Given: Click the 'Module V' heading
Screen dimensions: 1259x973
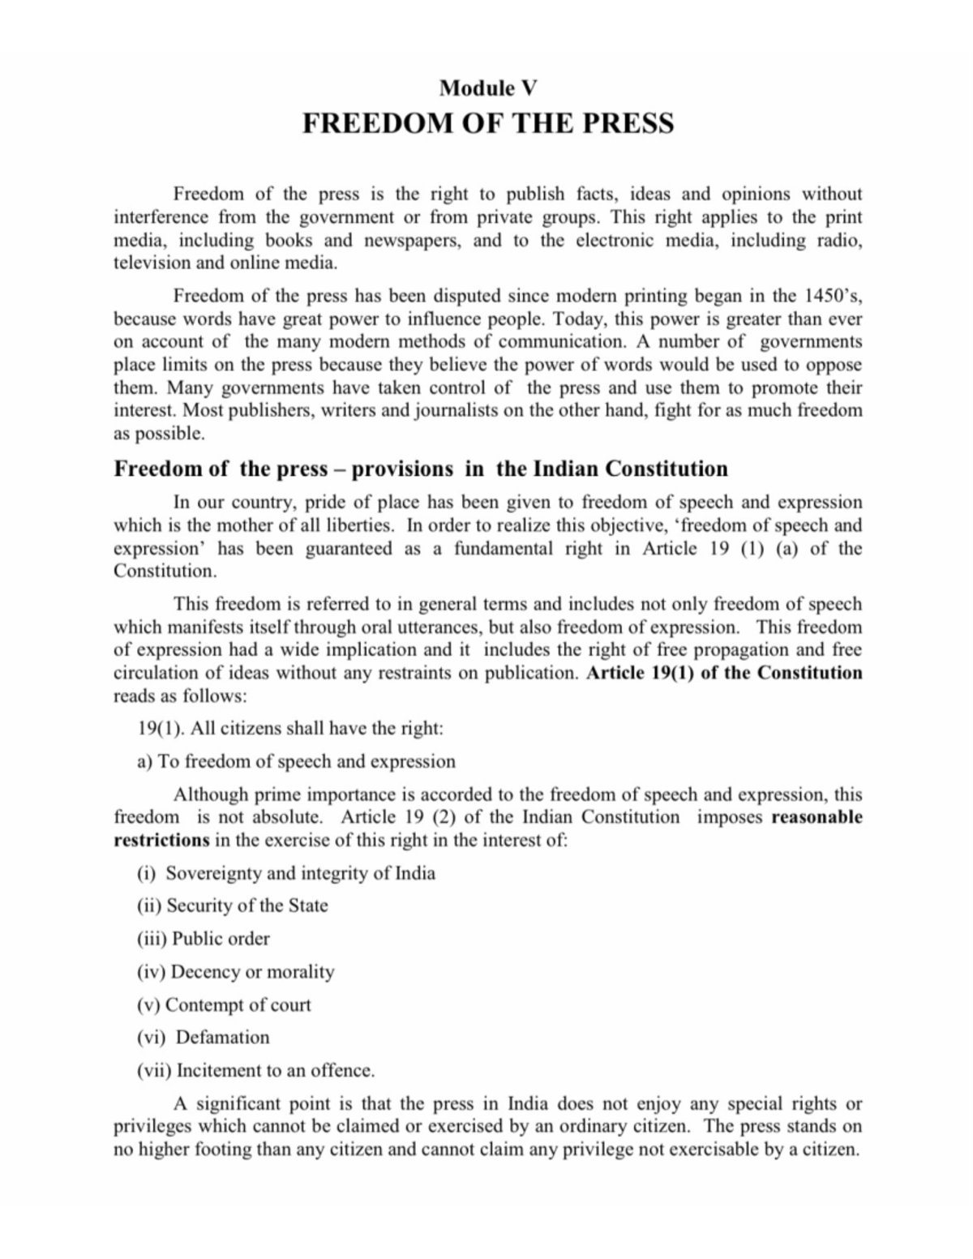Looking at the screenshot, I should tap(487, 88).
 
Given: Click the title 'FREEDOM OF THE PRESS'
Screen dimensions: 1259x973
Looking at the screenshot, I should tap(487, 123).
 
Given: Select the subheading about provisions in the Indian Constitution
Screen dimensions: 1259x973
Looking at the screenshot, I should tap(420, 469).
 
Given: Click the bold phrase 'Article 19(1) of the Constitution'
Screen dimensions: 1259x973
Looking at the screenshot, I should tap(724, 673).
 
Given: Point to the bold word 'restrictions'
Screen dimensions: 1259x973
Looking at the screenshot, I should tap(161, 840).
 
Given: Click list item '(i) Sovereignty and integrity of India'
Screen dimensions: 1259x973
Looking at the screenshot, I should tap(286, 873).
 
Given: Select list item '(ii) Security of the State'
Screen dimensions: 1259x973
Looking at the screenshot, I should tap(232, 906).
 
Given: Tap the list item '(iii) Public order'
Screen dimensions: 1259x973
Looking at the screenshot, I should tap(203, 939).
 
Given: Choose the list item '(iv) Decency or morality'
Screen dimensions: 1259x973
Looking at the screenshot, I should tap(235, 972).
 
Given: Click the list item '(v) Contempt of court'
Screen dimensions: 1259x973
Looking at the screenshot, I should tap(224, 1005).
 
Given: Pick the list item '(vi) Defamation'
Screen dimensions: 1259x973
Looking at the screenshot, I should tap(203, 1038).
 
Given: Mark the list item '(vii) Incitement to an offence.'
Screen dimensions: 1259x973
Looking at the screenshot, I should tap(255, 1071).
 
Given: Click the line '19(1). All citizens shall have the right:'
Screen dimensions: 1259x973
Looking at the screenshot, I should tap(290, 728).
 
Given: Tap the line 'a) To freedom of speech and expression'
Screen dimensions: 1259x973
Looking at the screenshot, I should tap(296, 761).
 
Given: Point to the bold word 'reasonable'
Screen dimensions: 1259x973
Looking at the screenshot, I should tap(817, 817).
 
